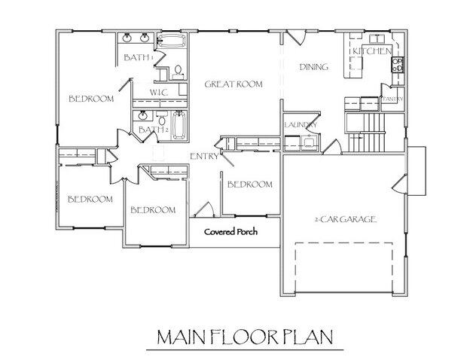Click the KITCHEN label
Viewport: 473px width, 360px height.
372,51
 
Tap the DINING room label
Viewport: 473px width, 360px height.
313,67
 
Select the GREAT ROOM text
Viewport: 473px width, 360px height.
233,85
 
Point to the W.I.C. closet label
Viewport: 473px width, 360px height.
158,93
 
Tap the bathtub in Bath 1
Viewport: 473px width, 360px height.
172,41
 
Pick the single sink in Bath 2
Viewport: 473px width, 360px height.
141,117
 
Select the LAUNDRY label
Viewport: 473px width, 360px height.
299,125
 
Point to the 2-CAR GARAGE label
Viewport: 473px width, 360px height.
345,219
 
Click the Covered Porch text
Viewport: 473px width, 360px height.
231,232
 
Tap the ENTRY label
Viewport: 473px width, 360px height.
204,157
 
